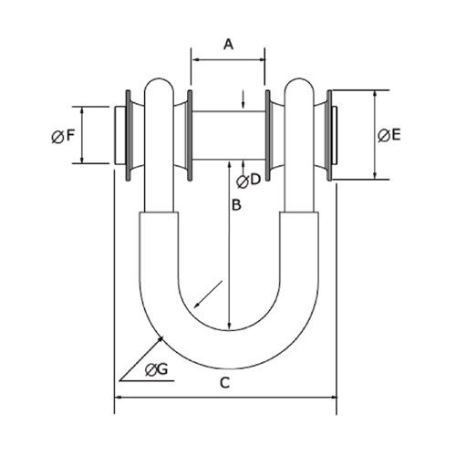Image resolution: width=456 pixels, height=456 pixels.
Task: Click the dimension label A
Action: point(228,43)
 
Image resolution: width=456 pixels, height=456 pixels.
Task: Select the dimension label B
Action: point(235,207)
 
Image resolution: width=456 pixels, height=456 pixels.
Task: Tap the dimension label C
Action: point(225,383)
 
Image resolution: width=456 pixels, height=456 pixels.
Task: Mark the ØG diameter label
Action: point(156,369)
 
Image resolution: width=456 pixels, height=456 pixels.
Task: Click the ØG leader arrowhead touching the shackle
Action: point(162,339)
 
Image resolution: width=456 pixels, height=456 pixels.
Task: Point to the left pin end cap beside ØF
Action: point(119,135)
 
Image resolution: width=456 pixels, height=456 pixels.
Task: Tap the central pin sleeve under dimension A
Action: point(228,135)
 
